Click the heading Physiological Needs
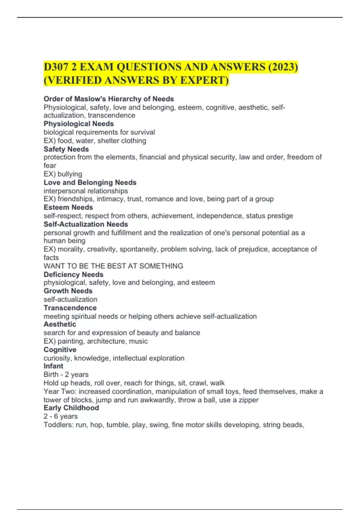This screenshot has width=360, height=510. point(79,124)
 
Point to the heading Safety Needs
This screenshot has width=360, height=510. point(66,149)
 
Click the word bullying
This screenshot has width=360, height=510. point(70,174)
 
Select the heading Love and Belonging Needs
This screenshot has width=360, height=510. point(90,182)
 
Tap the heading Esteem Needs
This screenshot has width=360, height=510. point(68,207)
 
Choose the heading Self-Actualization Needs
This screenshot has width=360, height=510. point(86,224)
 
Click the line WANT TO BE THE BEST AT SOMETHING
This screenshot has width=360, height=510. point(113,266)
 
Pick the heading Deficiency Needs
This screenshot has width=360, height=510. point(73,274)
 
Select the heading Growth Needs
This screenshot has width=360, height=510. point(68,291)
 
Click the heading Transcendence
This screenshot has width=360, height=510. point(70,308)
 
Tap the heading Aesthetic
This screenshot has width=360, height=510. point(60,324)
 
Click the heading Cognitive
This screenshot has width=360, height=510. point(60,349)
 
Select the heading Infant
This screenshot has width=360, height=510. point(53,366)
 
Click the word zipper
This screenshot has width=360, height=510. point(248,400)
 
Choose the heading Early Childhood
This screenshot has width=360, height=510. point(71,408)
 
